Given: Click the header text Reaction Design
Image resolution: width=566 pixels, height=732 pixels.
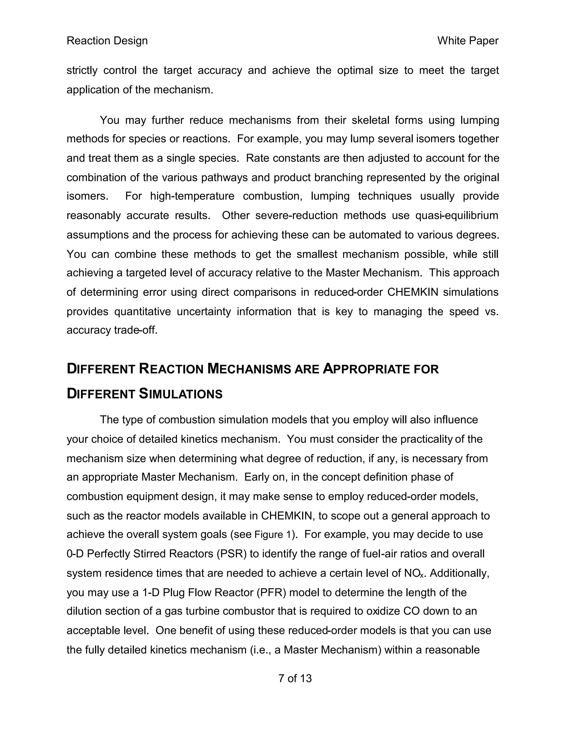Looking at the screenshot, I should (x=107, y=41).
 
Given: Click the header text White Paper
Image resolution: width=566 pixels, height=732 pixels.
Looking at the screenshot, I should (x=468, y=41).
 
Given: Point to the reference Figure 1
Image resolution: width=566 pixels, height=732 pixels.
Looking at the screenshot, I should (x=274, y=534).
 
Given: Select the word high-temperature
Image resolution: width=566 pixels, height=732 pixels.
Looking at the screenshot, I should (x=192, y=196).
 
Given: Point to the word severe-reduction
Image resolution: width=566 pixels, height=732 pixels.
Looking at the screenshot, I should (x=297, y=215).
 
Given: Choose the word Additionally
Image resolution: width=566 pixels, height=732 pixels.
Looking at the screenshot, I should (x=459, y=573).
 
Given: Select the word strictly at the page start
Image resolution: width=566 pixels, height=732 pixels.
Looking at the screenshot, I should (x=82, y=71).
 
